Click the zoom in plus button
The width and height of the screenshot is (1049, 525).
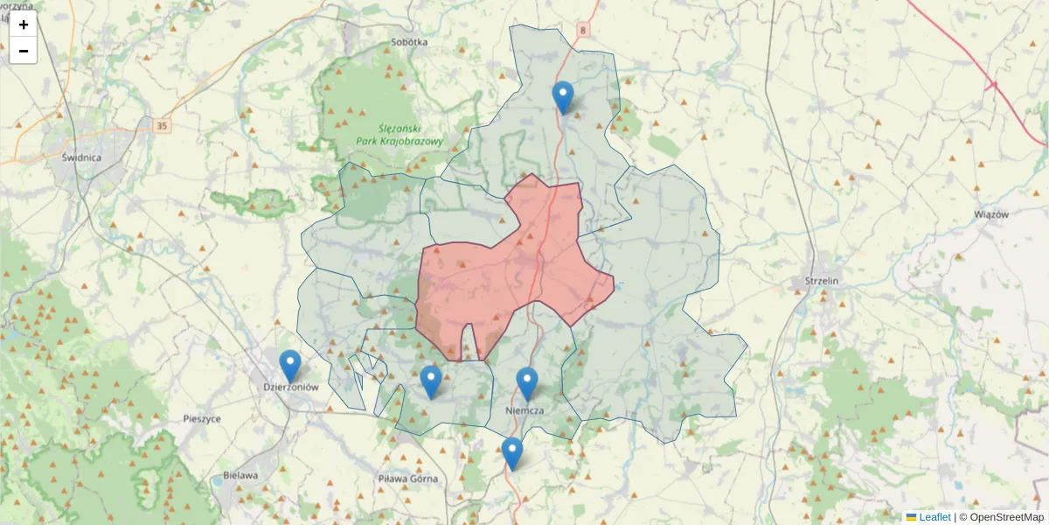pos(24,24)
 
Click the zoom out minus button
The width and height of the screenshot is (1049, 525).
pos(24,51)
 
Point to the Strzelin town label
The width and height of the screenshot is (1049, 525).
pos(822,281)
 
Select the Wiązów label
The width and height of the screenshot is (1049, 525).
pos(991,214)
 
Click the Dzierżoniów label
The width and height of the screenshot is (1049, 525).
pos(290,386)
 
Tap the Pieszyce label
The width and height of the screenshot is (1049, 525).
pos(202,418)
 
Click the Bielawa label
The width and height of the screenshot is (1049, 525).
pos(240,475)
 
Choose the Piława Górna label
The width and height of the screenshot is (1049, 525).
pos(407,479)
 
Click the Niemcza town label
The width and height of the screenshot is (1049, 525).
pos(525,410)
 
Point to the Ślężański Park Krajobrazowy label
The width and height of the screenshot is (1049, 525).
pos(401,134)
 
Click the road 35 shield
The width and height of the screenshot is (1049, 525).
pos(162,126)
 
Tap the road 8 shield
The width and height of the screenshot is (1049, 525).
pos(583,30)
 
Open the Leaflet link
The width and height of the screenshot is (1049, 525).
pos(934,517)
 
